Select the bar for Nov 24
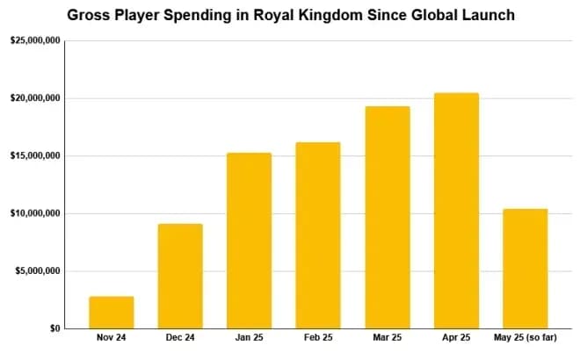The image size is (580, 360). (111, 312)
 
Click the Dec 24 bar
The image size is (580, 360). (180, 276)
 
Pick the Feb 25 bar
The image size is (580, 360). (317, 234)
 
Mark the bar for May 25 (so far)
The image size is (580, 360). (525, 268)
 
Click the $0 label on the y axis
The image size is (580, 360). (54, 328)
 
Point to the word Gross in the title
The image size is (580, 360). (91, 15)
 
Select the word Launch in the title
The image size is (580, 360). (485, 15)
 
